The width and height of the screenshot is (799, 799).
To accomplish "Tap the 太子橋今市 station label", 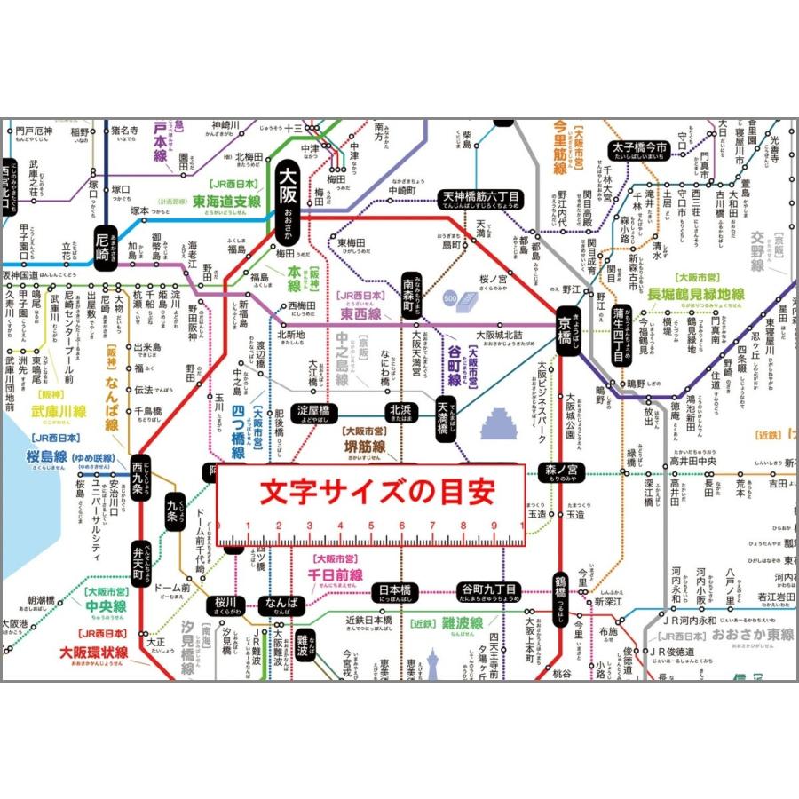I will pyautogui.click(x=637, y=149).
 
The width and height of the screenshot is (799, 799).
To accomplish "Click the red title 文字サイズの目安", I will pyautogui.click(x=370, y=491).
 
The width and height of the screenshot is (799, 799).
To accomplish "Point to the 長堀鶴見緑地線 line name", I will pyautogui.click(x=695, y=294).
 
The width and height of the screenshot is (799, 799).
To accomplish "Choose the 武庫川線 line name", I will pyautogui.click(x=59, y=411).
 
